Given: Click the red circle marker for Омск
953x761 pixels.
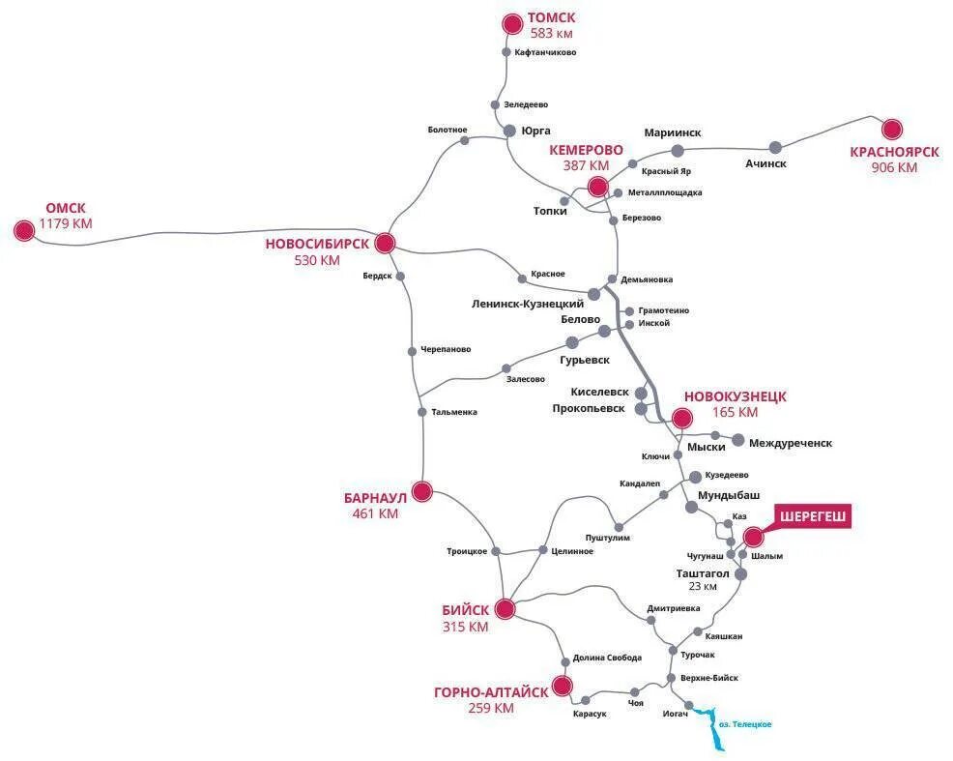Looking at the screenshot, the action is click(x=24, y=230).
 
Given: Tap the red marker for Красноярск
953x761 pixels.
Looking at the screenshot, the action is click(x=891, y=129).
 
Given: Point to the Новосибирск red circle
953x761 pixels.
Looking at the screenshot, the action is click(x=385, y=243).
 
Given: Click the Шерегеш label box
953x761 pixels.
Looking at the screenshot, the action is click(x=813, y=517).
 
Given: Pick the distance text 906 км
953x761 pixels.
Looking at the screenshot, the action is click(x=894, y=167).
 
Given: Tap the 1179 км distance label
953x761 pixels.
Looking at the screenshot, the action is click(x=66, y=223).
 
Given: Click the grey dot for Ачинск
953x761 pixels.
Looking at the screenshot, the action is click(x=775, y=147).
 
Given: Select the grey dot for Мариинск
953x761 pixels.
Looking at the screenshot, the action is click(x=678, y=150).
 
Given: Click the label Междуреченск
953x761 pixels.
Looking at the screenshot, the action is click(x=790, y=443).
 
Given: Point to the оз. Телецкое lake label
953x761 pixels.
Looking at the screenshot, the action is click(x=745, y=723).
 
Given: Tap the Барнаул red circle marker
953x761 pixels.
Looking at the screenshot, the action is click(x=421, y=490).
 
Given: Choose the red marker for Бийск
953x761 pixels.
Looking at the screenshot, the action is click(x=505, y=608).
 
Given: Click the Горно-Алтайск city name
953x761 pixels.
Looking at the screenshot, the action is click(x=491, y=691).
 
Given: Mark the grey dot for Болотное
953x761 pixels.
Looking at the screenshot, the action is click(x=464, y=140).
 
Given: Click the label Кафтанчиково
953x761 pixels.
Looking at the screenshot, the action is click(x=545, y=52).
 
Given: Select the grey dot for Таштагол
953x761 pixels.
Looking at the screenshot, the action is click(x=740, y=573).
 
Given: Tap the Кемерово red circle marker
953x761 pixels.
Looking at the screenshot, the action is click(x=597, y=187).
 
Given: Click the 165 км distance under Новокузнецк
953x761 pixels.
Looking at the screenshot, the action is click(x=735, y=412).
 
